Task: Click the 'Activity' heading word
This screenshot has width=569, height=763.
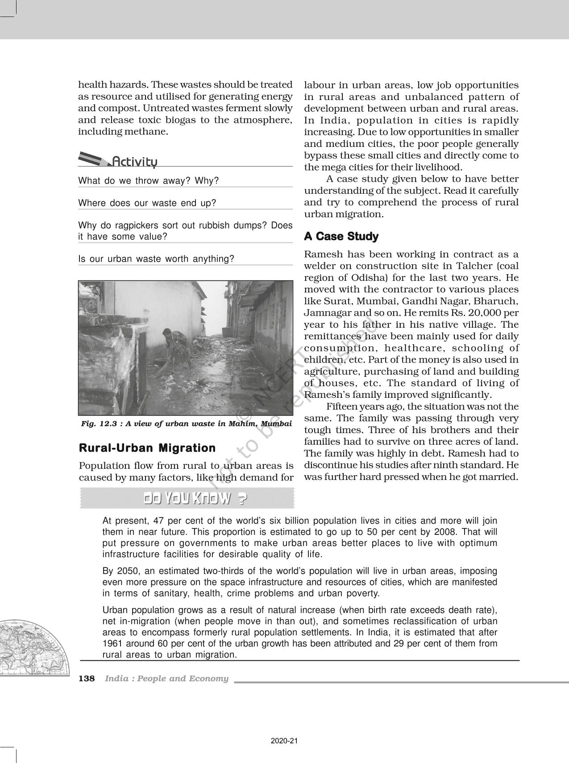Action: coord(134,161)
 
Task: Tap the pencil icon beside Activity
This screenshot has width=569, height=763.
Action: coord(93,158)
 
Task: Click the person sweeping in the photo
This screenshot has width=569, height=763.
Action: coord(176,346)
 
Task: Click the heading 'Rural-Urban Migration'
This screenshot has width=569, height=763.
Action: coord(147,448)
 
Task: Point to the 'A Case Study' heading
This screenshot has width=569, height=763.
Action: coord(341,237)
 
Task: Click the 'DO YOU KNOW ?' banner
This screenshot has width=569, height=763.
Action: coord(195,499)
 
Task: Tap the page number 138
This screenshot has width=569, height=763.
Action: coord(87,679)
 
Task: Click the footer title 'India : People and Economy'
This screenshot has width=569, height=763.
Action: coord(166,679)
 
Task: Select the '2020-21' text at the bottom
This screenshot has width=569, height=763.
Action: coord(284,741)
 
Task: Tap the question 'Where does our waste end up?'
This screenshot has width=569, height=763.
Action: coord(147,203)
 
